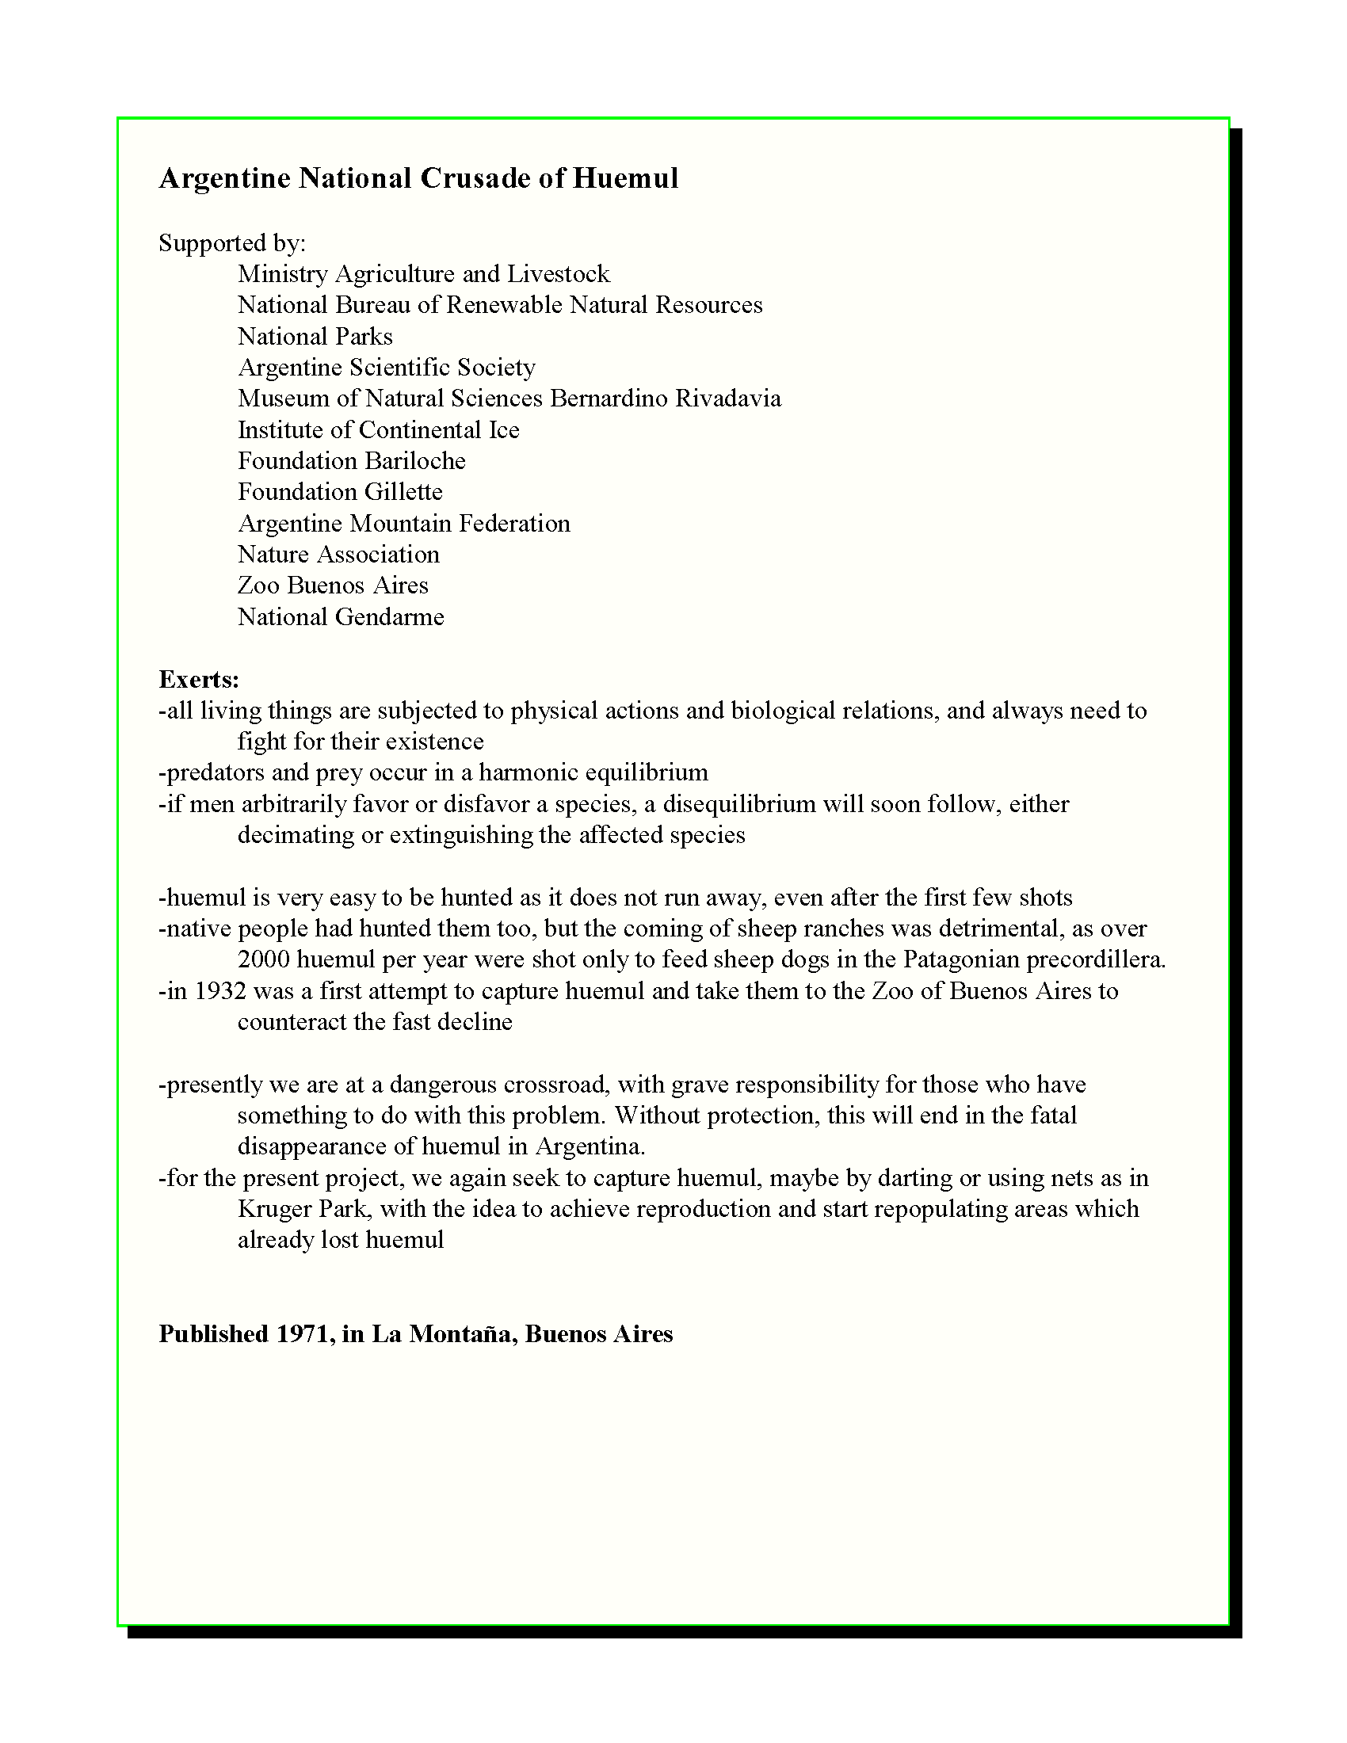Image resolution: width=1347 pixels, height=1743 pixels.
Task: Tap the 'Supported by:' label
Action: (x=232, y=242)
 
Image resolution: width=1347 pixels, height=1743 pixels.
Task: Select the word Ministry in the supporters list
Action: (x=283, y=274)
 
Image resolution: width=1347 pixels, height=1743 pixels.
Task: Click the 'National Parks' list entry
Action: (x=315, y=336)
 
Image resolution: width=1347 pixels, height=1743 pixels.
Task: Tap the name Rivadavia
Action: (x=727, y=399)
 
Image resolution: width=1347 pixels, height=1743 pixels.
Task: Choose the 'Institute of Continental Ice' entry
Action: (x=378, y=429)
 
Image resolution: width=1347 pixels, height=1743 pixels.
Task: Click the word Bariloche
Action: (x=415, y=460)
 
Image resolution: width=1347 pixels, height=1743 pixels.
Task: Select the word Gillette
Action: (x=404, y=492)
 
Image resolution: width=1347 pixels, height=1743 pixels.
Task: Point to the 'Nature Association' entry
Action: (x=338, y=554)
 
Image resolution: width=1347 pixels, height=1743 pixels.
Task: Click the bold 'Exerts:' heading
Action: (x=199, y=679)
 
